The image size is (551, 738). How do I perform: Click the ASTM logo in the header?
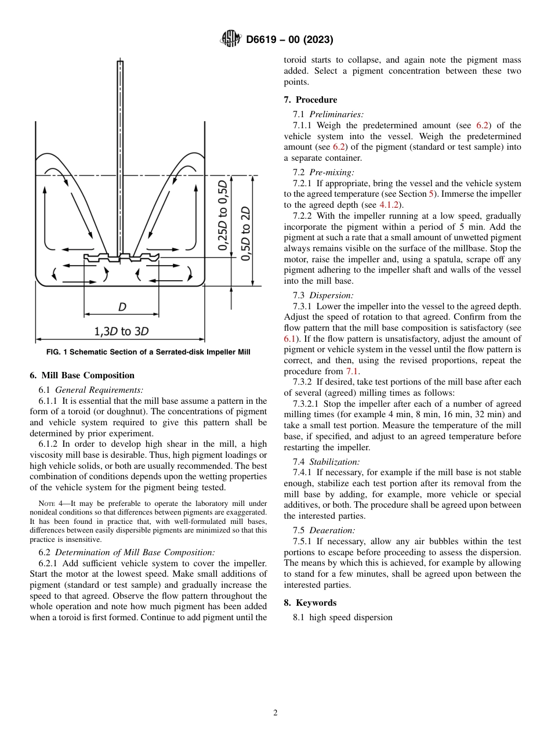click(x=231, y=39)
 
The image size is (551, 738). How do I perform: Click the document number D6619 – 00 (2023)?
click(x=289, y=40)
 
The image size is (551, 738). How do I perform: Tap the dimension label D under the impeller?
click(x=122, y=307)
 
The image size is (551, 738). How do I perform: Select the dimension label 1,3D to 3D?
click(x=121, y=331)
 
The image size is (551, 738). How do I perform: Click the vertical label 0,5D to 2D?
click(x=246, y=233)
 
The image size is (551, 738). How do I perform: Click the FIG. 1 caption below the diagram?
click(x=148, y=352)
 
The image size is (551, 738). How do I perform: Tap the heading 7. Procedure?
click(x=310, y=100)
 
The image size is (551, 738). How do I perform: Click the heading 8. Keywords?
click(x=310, y=603)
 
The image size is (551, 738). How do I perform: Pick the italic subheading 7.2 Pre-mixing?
click(x=323, y=172)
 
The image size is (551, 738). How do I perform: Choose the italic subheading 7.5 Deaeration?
click(x=324, y=530)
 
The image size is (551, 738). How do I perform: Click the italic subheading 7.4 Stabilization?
click(x=326, y=462)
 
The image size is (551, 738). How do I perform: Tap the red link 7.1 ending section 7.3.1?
click(x=353, y=371)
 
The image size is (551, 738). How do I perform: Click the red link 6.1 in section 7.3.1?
click(x=289, y=338)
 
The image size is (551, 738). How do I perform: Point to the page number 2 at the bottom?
click(x=275, y=713)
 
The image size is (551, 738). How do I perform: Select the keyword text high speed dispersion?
click(x=351, y=617)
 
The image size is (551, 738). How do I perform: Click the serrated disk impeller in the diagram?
click(x=121, y=257)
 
